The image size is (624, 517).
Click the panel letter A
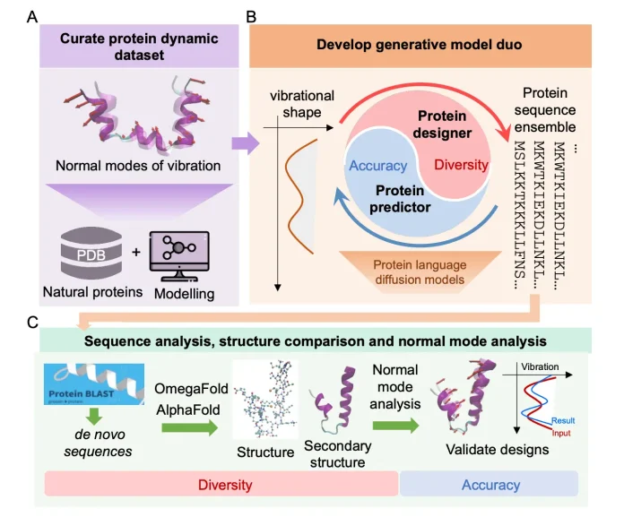pos(31,16)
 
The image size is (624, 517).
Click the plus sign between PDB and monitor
pos(135,252)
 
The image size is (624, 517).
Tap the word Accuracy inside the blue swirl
pos(377,166)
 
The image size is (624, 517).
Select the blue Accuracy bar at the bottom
pos(490,485)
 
